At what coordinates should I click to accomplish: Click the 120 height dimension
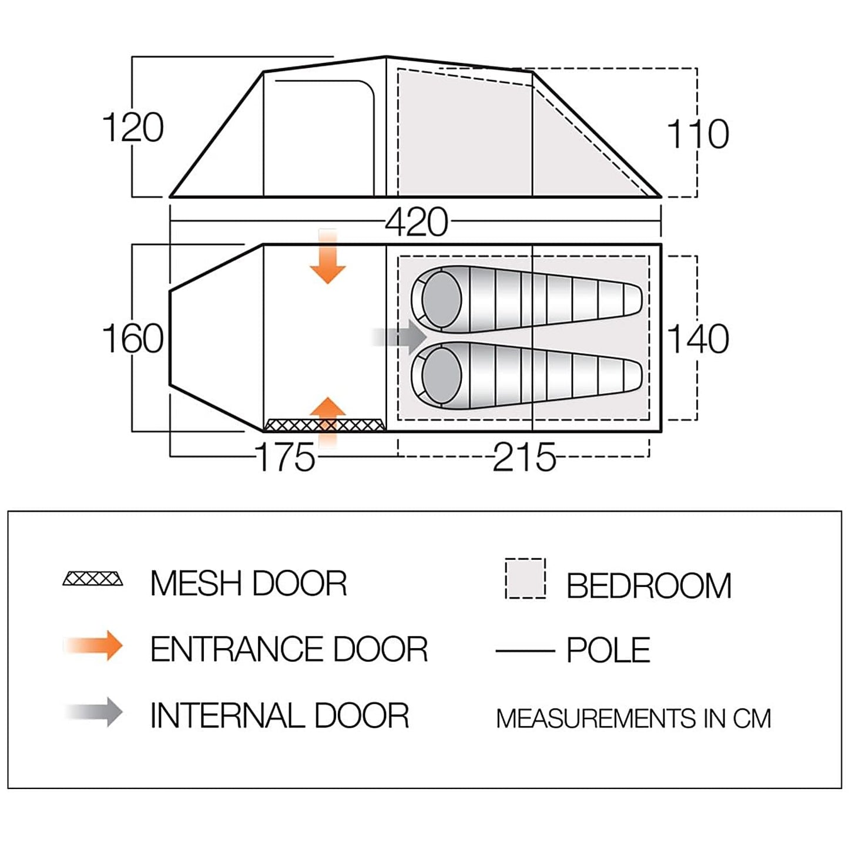133,128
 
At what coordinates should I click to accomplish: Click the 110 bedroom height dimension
698,134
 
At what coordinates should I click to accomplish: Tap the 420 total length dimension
417,223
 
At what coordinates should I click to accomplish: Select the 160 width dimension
133,339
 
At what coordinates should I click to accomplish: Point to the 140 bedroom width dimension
698,339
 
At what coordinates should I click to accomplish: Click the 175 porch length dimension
286,458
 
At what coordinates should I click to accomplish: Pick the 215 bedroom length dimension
524,458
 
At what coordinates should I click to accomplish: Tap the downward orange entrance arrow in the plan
327,259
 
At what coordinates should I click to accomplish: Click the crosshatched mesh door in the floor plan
324,425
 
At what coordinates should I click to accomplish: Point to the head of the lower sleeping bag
441,376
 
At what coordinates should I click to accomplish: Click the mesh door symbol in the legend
93,579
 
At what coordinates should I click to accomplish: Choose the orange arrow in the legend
94,646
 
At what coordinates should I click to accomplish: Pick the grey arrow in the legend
94,713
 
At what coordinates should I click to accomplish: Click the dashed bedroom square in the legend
525,579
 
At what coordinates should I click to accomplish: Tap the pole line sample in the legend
525,650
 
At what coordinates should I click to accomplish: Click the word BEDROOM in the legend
649,586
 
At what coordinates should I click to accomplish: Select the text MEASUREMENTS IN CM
633,719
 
